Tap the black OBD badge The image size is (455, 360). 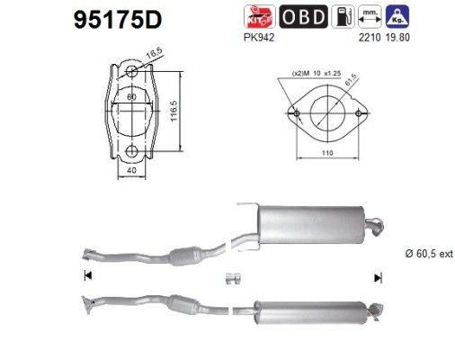(x=305, y=16)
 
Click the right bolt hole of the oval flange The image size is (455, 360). (x=359, y=114)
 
